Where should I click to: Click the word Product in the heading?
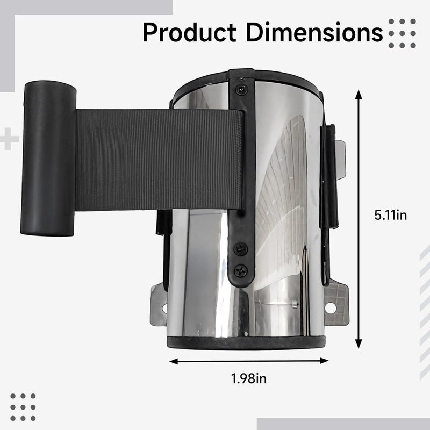tap(189, 32)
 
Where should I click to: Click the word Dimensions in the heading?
tap(314, 32)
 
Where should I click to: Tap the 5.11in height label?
tap(391, 215)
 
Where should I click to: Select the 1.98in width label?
tap(249, 378)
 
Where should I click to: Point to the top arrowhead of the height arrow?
tap(359, 94)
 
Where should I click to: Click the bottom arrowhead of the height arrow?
tap(359, 343)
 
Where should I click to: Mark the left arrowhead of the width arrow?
tap(174, 362)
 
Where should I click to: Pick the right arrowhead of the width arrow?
tap(324, 361)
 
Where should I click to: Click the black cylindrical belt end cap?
tap(48, 158)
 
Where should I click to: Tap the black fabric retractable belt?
tap(159, 160)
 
